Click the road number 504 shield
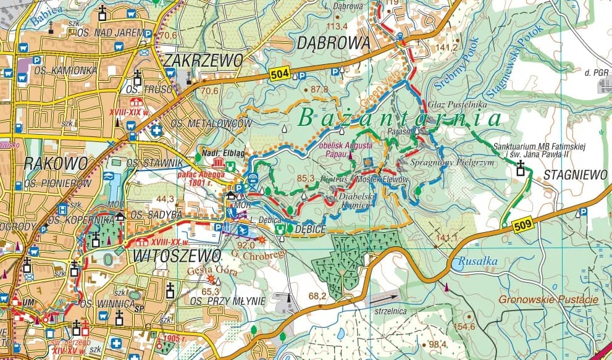point(279,75)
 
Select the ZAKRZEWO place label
point(204,60)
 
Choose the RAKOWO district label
point(47,163)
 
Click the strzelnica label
point(390,311)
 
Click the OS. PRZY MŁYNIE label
point(227,301)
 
